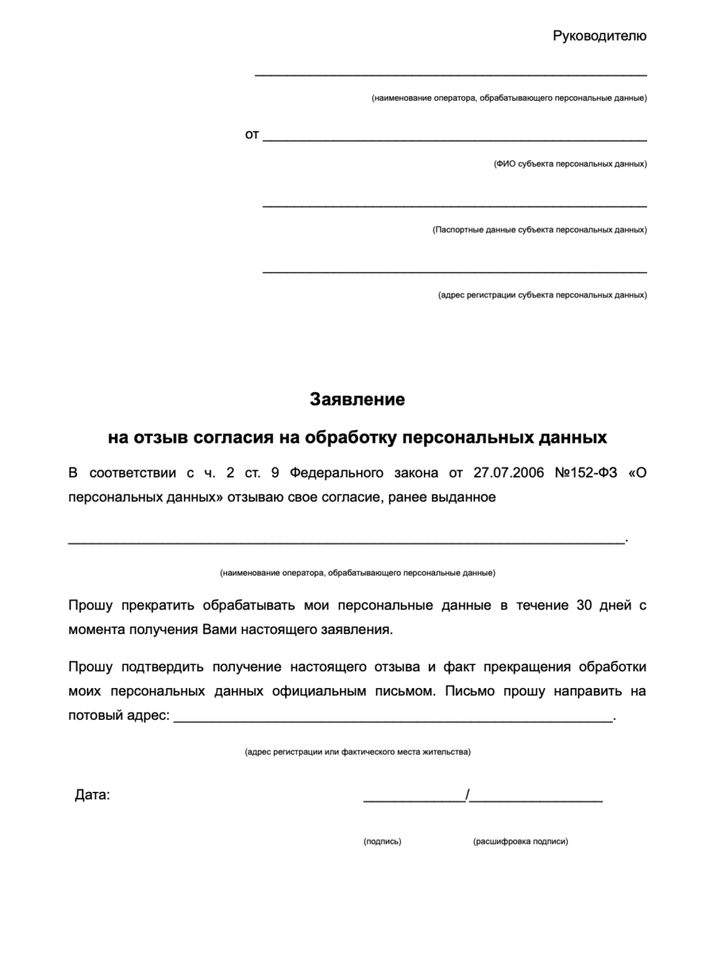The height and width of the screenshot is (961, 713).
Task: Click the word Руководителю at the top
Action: (600, 36)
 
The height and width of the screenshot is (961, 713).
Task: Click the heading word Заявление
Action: (357, 400)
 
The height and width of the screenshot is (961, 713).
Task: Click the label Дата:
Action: (92, 796)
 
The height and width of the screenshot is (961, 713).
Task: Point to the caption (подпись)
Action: (382, 842)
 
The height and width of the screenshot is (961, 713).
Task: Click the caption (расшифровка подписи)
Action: (520, 842)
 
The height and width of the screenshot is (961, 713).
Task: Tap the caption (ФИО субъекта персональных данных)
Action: (570, 164)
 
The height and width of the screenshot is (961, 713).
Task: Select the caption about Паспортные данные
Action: (540, 230)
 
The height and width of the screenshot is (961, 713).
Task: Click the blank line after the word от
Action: (454, 139)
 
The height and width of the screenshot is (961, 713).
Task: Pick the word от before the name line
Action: (252, 135)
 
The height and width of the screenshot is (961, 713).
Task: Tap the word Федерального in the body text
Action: (336, 472)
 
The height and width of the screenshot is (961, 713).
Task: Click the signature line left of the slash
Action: (414, 800)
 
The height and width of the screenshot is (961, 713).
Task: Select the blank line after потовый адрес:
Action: (393, 720)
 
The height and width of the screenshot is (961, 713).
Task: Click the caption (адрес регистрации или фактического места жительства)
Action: (357, 752)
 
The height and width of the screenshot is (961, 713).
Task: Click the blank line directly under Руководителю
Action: (451, 75)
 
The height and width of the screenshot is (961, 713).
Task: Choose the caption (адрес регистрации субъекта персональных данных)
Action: (542, 295)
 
